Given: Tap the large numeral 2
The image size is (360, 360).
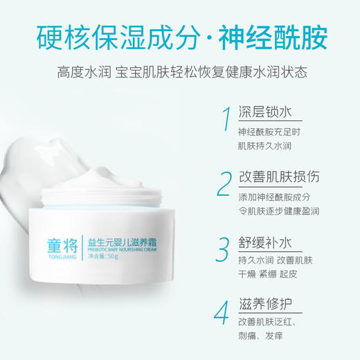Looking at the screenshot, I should tap(223, 184).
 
